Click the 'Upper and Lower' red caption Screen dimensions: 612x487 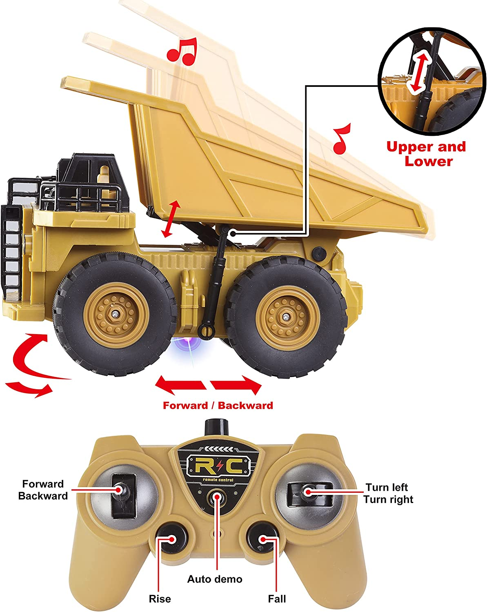coord(426,154)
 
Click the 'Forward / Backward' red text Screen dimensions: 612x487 coord(218,406)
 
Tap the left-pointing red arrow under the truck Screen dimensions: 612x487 coord(180,385)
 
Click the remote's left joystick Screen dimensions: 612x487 coord(122,491)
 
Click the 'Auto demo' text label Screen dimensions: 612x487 coord(215,579)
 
